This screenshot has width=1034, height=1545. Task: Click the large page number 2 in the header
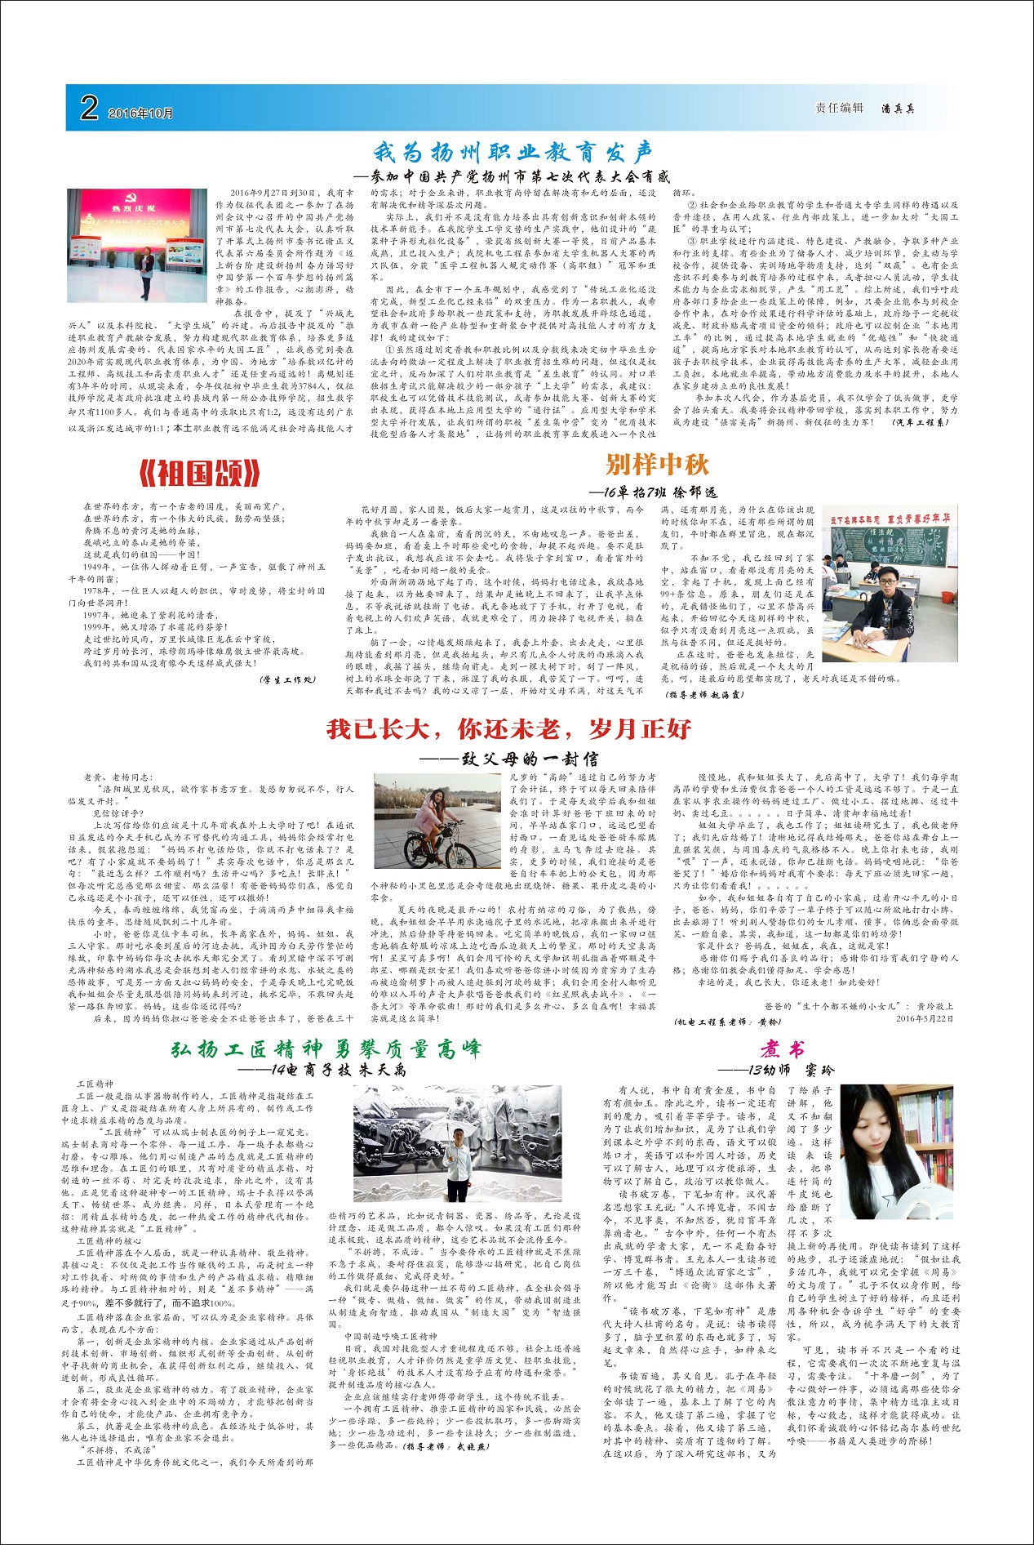(89, 108)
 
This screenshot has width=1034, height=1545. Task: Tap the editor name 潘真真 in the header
(898, 109)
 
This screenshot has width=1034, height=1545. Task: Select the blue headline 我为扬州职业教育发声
(513, 152)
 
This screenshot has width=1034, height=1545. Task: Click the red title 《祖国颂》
(200, 473)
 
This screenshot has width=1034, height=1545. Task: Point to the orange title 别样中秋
(657, 465)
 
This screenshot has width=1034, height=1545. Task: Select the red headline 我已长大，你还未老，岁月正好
(508, 728)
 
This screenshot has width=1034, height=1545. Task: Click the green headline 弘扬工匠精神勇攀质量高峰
(326, 1049)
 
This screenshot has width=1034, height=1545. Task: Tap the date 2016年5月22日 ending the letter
(924, 1018)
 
